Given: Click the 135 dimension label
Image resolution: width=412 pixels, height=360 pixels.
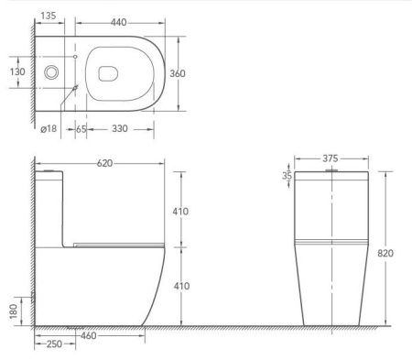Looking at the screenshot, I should click(x=50, y=16).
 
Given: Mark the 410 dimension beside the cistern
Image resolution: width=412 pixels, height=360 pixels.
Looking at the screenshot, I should click(x=180, y=212).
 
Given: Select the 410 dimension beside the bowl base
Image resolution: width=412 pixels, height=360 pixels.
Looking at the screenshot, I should click(x=180, y=287).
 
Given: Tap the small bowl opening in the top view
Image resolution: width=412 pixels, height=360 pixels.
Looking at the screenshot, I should click(x=106, y=71).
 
